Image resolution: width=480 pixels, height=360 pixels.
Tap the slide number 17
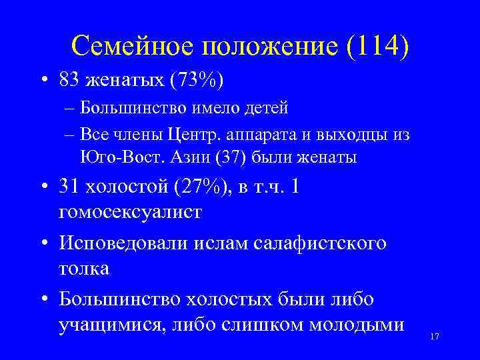point(435,337)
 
